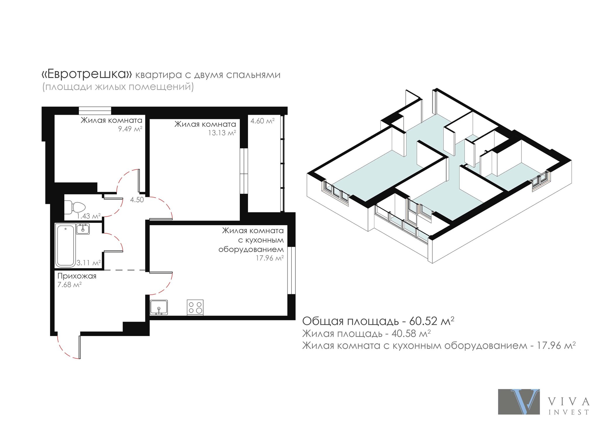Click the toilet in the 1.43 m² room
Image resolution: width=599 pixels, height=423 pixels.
tap(74, 207)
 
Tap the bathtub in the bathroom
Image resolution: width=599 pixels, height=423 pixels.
tap(66, 245)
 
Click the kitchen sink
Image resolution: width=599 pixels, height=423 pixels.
tap(159, 307)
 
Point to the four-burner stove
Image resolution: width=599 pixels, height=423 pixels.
tap(195, 307)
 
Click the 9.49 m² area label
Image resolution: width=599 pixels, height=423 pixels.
tap(130, 129)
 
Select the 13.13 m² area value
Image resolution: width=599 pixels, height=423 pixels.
tap(222, 133)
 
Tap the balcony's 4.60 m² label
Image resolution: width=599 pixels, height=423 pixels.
tap(262, 121)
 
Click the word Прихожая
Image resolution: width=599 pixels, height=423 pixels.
tap(77, 276)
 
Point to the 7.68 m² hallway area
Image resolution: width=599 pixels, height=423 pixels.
tap(69, 285)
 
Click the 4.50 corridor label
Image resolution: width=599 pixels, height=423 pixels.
tap(137, 200)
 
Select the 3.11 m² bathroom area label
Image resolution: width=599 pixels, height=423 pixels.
tap(89, 263)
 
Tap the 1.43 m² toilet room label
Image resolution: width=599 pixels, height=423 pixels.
tap(89, 216)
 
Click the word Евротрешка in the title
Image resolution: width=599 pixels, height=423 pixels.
tap(87, 74)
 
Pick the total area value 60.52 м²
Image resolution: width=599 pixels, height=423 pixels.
tap(432, 321)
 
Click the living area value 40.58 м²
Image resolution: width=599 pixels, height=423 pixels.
tap(411, 333)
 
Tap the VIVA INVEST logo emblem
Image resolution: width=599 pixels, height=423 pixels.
tap(519, 401)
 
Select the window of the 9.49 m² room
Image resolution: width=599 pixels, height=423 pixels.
tap(95, 111)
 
